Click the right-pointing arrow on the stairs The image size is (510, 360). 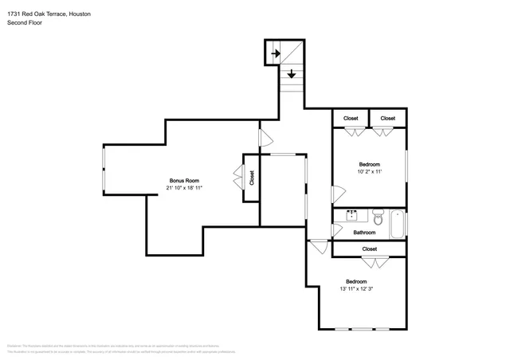pyautogui.click(x=275, y=54)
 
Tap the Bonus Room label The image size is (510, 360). pyautogui.click(x=184, y=180)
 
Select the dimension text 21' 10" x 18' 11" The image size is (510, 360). pyautogui.click(x=184, y=188)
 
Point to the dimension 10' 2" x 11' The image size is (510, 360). pyautogui.click(x=369, y=171)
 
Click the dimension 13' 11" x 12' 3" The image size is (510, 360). pyautogui.click(x=356, y=289)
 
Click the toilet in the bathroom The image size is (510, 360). pyautogui.click(x=379, y=216)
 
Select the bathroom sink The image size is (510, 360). pyautogui.click(x=351, y=215)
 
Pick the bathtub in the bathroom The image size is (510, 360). pyautogui.click(x=396, y=224)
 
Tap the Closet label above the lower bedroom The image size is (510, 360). pyautogui.click(x=369, y=249)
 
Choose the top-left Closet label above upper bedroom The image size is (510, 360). pyautogui.click(x=351, y=119)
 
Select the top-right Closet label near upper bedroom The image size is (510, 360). pyautogui.click(x=387, y=119)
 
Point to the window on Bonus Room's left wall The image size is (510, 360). pyautogui.click(x=103, y=169)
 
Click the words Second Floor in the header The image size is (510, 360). pyautogui.click(x=24, y=23)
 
